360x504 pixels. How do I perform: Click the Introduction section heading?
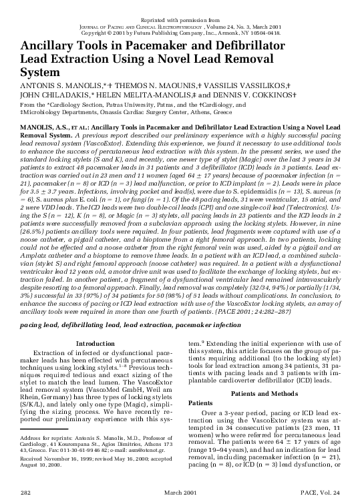point(96,343)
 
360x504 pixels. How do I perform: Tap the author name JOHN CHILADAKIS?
point(57,96)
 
